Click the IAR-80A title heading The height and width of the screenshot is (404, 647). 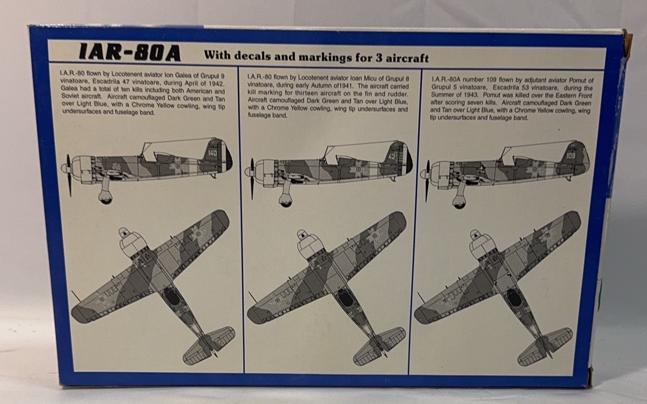[x=130, y=53]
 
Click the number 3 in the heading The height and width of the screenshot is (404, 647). [x=378, y=57]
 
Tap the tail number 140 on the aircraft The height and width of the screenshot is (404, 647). [x=212, y=153]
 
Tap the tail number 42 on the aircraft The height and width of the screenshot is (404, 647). [x=391, y=157]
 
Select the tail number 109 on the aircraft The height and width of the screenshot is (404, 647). [x=570, y=156]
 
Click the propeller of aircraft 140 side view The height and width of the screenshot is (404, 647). [x=68, y=175]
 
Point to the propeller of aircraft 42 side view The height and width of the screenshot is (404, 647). [x=251, y=179]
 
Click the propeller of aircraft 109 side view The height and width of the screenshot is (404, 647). [x=426, y=181]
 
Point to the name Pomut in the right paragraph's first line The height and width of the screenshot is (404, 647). [x=577, y=80]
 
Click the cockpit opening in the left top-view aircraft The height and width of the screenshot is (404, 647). [x=172, y=295]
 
